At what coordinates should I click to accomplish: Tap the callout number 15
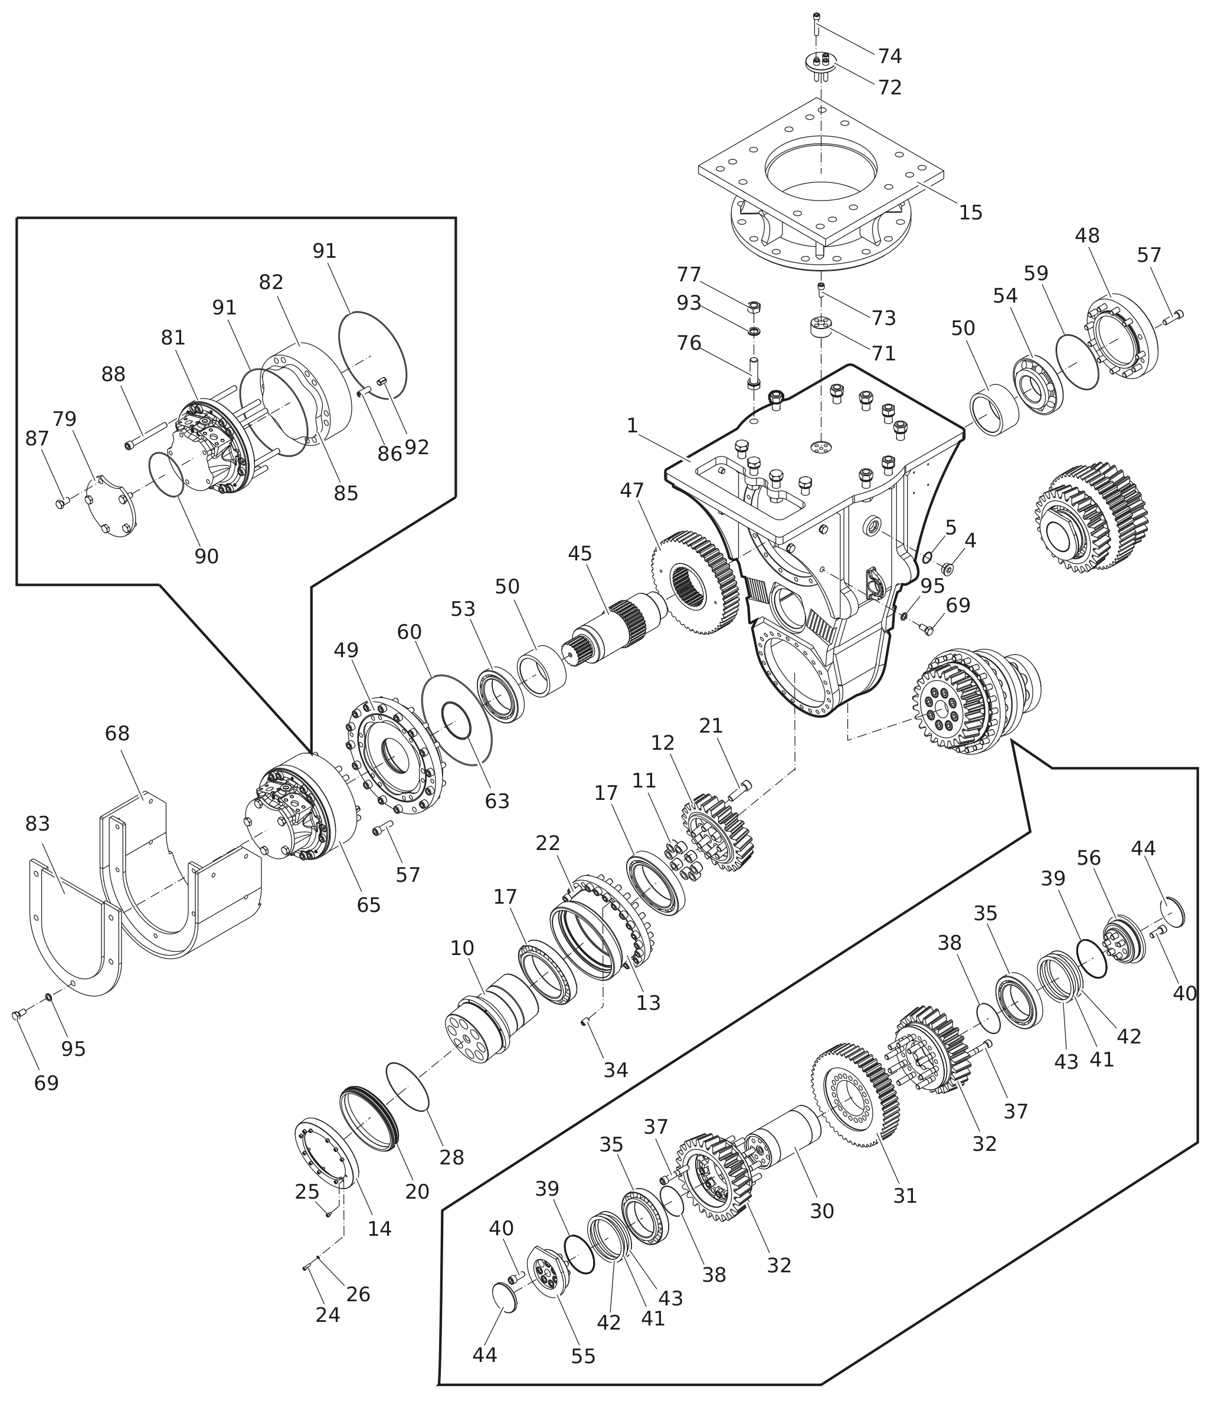[x=970, y=213]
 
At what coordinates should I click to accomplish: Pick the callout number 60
[x=410, y=632]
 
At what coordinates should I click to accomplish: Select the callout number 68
[x=117, y=734]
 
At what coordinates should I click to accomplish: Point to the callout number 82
[x=271, y=282]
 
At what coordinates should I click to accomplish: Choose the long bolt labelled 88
[x=146, y=435]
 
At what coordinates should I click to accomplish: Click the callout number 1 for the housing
[x=632, y=426]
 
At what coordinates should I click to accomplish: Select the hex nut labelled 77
[x=753, y=306]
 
